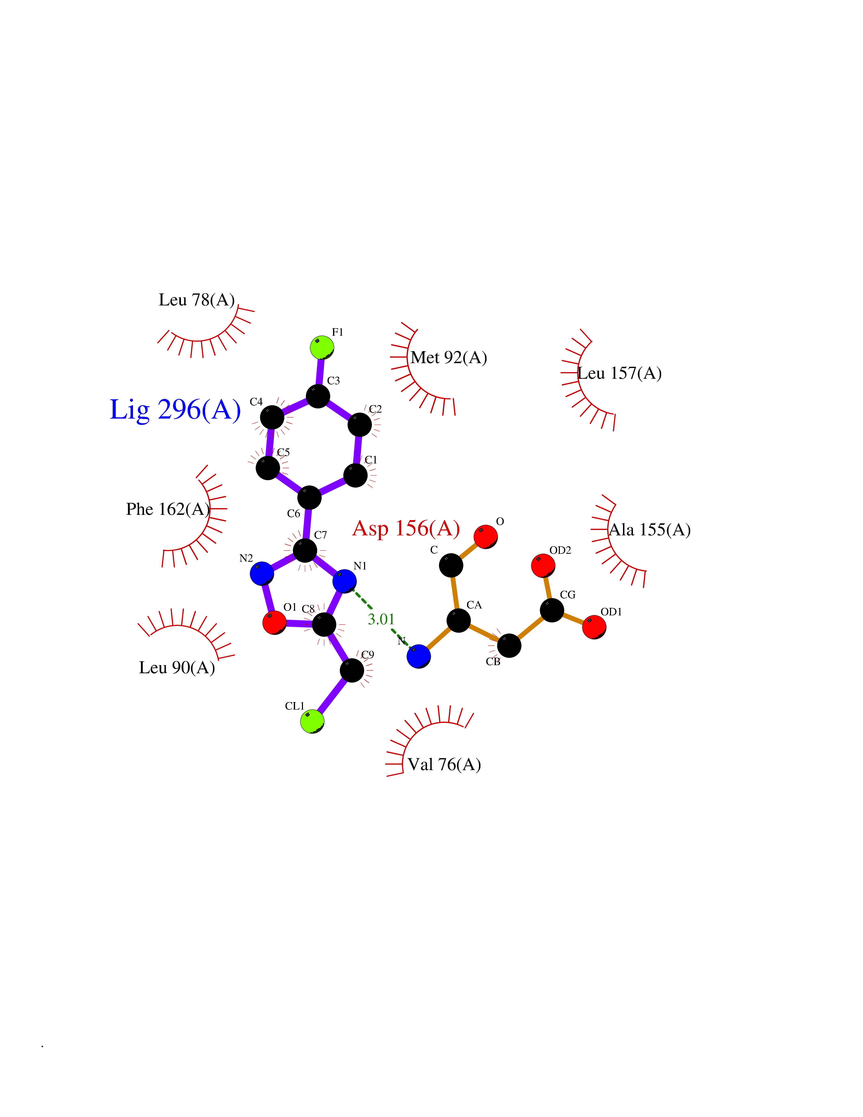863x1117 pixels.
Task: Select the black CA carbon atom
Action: point(459,620)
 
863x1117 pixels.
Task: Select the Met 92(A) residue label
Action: point(449,357)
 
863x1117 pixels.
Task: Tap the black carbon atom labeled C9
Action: point(352,671)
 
